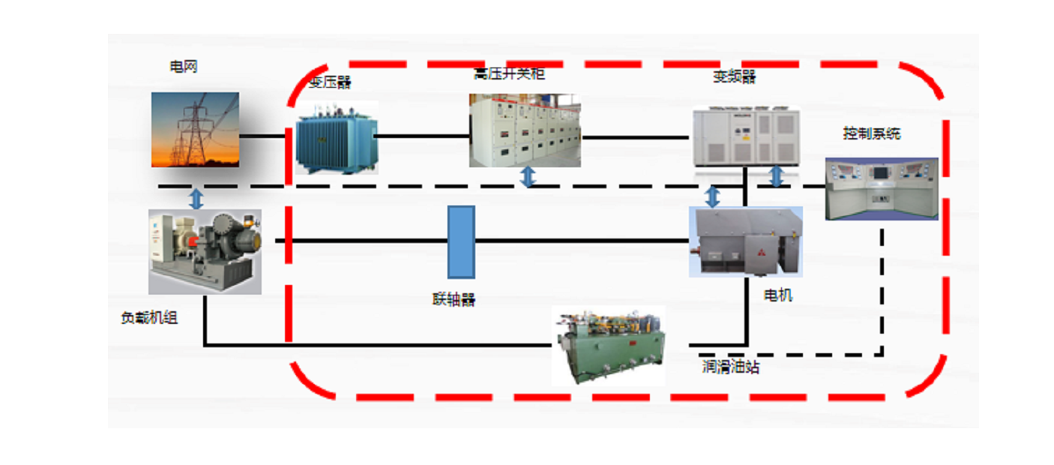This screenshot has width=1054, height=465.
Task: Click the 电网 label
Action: point(184,67)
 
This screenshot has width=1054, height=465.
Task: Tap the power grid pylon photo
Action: point(195,129)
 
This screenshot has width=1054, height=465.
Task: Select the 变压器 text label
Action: point(330,82)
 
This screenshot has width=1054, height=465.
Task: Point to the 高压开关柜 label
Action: point(509,74)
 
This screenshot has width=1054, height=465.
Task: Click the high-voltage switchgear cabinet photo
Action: point(525,130)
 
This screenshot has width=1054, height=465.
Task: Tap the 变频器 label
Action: point(735,77)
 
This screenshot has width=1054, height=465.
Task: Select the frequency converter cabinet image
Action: point(745,136)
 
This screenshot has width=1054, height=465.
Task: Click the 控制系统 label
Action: point(872,134)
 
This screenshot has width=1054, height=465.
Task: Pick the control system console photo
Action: point(882,188)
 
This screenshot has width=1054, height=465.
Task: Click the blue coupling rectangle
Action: point(461,241)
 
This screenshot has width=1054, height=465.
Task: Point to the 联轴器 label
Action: point(454,300)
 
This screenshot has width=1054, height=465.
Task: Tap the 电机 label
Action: point(777,295)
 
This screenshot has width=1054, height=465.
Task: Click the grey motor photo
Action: point(745,241)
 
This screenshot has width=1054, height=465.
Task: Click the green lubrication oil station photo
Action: point(608,345)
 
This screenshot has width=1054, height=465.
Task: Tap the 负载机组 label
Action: point(150,318)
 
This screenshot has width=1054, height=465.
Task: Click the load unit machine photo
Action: point(205,251)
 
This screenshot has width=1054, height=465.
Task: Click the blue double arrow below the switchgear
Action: point(528,177)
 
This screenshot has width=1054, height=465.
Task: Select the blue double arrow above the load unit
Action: point(196,198)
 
